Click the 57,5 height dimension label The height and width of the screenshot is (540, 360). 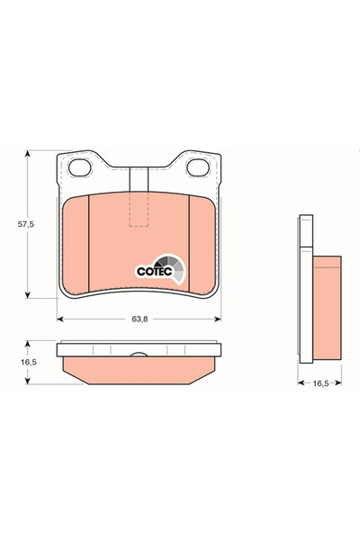coord(13,225)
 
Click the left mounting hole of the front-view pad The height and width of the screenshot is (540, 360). coord(80,167)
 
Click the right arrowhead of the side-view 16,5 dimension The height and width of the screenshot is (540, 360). coord(338,382)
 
